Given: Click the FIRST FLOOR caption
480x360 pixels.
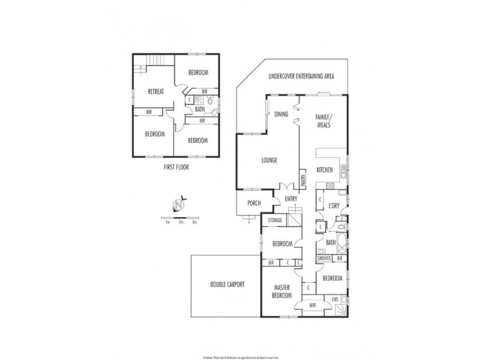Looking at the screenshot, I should tap(176, 167).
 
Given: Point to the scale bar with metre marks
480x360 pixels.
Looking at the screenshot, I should tap(179, 217).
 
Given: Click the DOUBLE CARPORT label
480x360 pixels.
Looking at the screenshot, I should tap(227, 284).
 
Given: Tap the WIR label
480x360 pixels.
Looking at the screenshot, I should tap(313, 305).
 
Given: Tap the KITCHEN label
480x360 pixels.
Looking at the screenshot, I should tap(325, 170).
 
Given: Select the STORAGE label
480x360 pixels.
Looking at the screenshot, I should tap(275, 220).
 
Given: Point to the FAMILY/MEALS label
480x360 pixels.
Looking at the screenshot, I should tap(324, 121).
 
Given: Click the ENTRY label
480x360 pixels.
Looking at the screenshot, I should tap(292, 199).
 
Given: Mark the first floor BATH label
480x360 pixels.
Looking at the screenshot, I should tap(200, 109).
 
